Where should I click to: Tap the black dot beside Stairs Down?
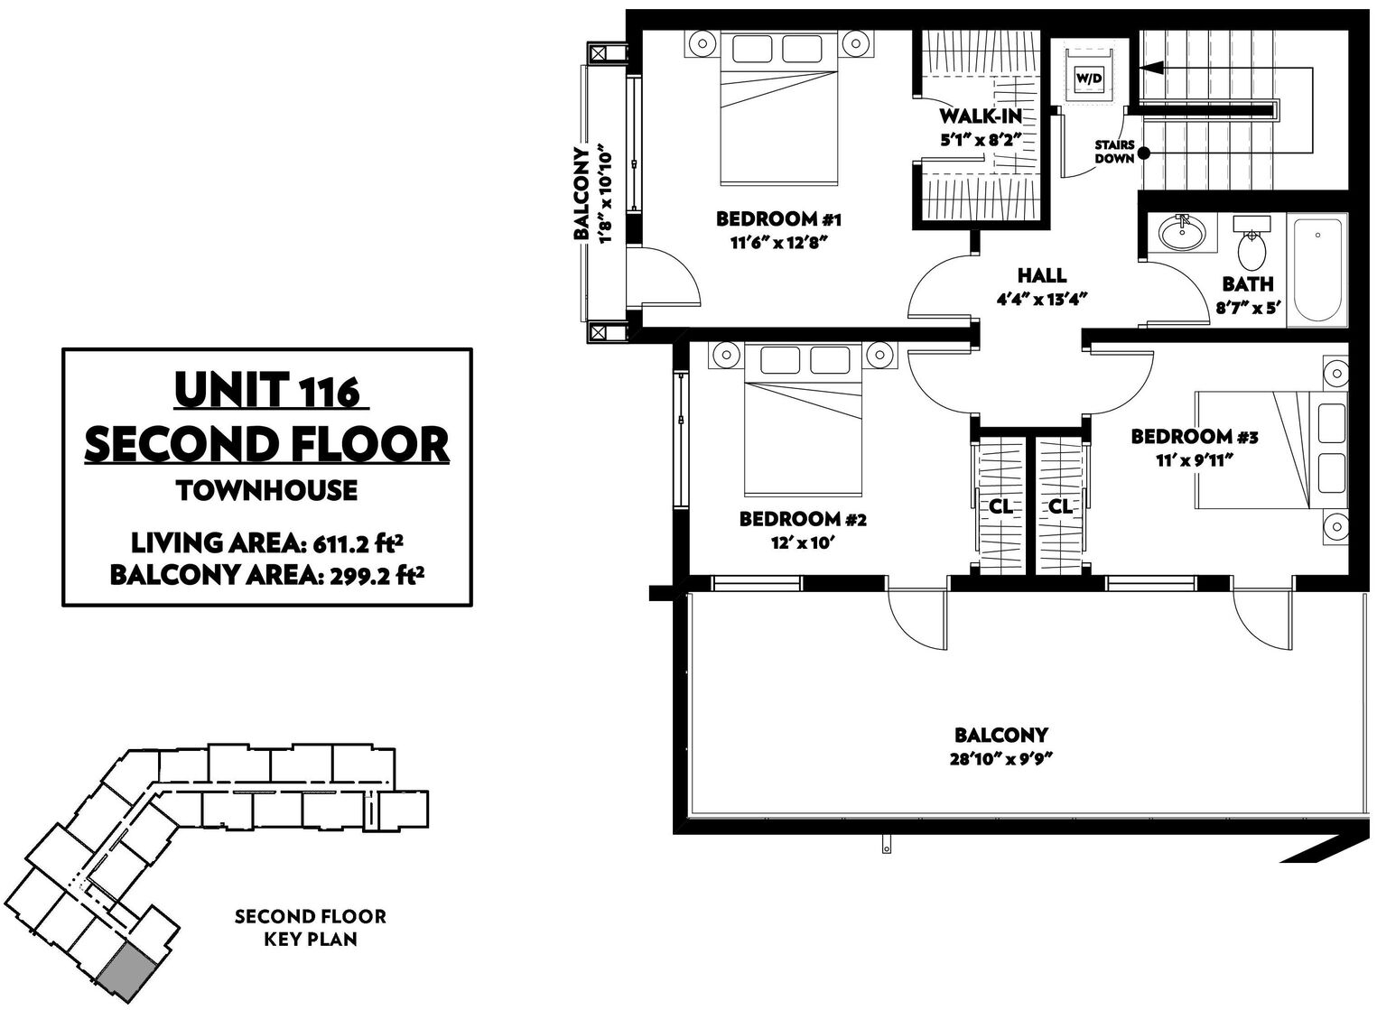tap(1143, 153)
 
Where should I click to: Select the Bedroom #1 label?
tap(778, 218)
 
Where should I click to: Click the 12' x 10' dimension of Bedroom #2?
tap(802, 543)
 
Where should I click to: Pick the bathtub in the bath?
tap(1318, 270)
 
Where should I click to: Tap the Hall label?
tap(1042, 275)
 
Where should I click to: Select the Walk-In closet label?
tap(981, 116)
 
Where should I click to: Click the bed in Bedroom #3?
tap(1271, 450)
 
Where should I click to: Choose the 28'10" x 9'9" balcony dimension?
tap(1001, 759)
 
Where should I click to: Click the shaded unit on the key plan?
tap(126, 968)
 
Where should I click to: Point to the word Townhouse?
tap(266, 490)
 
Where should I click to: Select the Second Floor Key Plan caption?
tap(311, 927)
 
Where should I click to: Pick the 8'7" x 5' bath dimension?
tap(1248, 307)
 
